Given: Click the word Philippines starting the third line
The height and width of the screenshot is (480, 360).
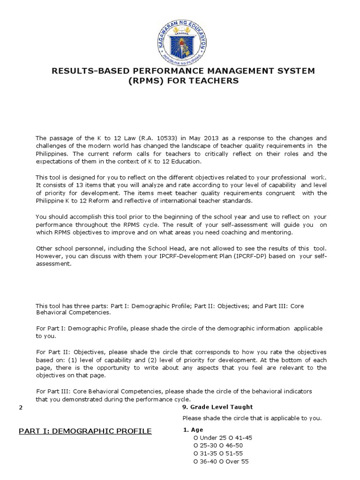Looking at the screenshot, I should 52,153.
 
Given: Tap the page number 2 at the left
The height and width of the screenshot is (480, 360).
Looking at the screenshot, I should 21,407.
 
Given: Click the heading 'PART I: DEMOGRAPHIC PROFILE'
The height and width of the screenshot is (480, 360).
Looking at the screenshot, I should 85,431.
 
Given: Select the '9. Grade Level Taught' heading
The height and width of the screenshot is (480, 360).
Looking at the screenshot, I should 217,407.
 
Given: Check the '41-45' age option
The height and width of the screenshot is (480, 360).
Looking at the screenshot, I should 239,437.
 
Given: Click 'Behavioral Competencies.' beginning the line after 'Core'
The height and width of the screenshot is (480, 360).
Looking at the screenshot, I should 74,312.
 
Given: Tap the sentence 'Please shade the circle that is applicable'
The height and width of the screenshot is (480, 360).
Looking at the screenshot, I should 252,418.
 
